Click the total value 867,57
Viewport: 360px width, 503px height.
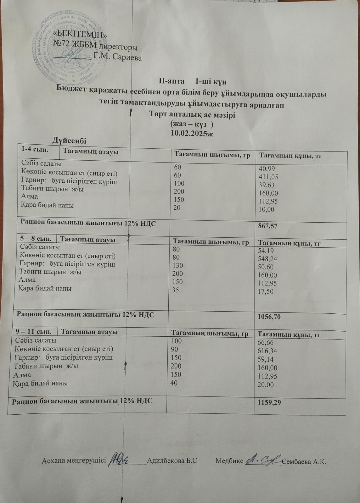point(267,226)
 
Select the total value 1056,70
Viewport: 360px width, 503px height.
point(269,317)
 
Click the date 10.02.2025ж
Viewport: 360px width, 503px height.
point(192,133)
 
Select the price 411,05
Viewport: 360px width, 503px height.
point(268,177)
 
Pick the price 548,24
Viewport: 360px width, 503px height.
point(267,259)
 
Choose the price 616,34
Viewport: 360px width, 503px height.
point(267,351)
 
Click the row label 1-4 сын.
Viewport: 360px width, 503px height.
point(35,150)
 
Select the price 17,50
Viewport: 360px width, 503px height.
point(266,291)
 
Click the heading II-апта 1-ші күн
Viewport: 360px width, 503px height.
point(192,81)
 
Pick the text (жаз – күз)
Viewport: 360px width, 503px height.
point(192,124)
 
